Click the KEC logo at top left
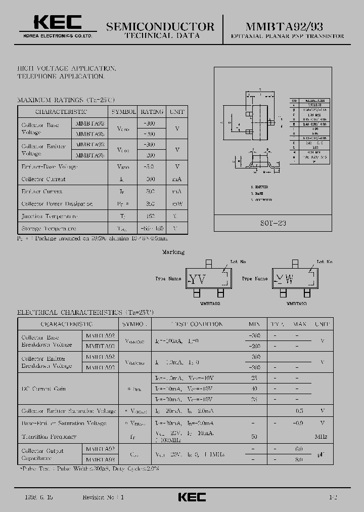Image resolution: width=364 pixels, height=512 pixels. click(57, 22)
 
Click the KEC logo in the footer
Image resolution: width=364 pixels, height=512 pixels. click(192, 497)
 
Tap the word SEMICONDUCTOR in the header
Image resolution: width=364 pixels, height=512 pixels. click(161, 26)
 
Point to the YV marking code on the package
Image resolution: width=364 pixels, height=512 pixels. click(197, 279)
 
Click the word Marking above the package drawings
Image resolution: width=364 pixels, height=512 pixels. click(173, 252)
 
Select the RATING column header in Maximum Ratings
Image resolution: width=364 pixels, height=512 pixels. click(152, 111)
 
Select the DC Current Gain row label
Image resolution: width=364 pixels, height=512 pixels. click(43, 389)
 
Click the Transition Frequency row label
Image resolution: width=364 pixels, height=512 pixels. click(49, 436)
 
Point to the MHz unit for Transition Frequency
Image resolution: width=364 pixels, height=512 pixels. click(321, 436)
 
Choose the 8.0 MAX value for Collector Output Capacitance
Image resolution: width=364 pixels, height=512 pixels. click(299, 459)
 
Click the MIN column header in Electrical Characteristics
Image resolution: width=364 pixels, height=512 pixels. click(254, 324)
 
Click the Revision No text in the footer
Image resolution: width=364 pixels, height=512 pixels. click(103, 497)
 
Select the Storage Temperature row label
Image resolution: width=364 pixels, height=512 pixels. click(49, 229)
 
